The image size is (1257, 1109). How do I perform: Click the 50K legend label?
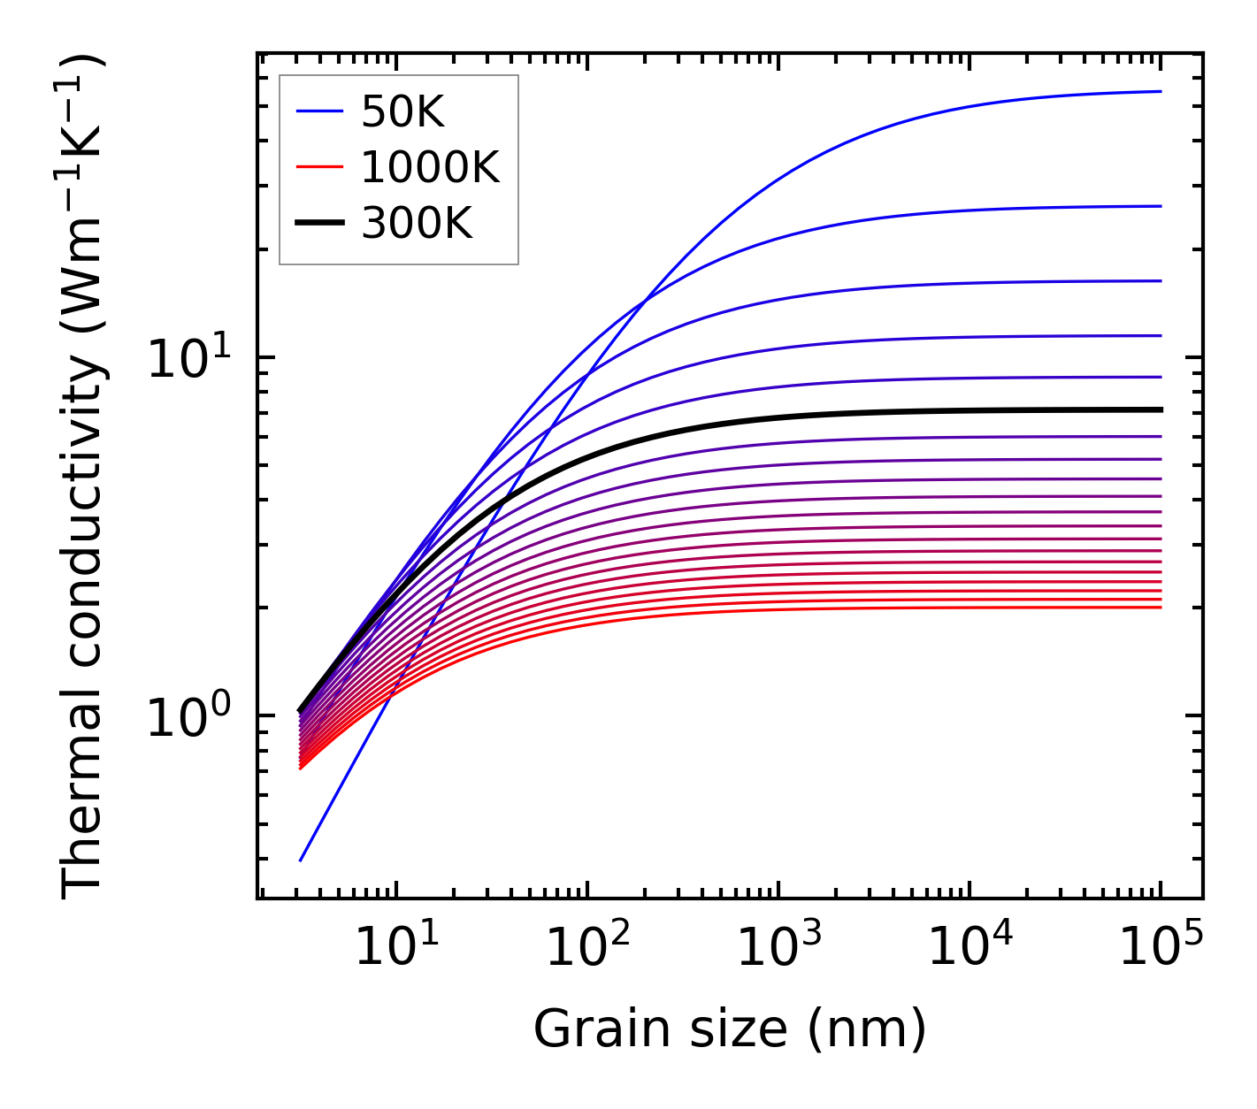pyautogui.click(x=402, y=111)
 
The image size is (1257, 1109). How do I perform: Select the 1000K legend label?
pyautogui.click(x=430, y=167)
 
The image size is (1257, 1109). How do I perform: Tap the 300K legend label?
pyautogui.click(x=417, y=224)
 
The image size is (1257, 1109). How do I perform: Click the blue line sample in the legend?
pyautogui.click(x=318, y=111)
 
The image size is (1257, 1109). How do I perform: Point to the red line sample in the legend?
pyautogui.click(x=318, y=167)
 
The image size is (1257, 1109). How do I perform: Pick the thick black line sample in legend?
pyautogui.click(x=318, y=224)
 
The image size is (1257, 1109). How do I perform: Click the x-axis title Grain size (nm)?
pyautogui.click(x=730, y=1029)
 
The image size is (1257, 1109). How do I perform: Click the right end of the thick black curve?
pyautogui.click(x=1161, y=409)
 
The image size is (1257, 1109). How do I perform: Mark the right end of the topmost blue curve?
pyautogui.click(x=1161, y=91)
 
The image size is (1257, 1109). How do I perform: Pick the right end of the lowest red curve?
pyautogui.click(x=1161, y=608)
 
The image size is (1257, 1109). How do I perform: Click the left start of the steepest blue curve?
pyautogui.click(x=301, y=860)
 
